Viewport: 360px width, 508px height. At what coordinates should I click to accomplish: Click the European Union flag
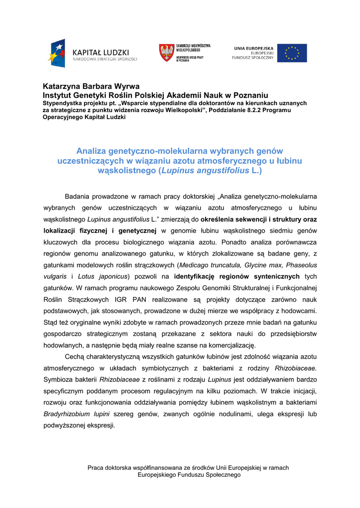pyautogui.click(x=291, y=53)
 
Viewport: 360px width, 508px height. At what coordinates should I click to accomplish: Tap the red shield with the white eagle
pyautogui.click(x=166, y=53)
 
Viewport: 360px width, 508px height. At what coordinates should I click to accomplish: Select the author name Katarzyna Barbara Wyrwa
pyautogui.click(x=91, y=86)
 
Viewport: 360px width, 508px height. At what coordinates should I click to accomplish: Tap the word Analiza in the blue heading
pyautogui.click(x=94, y=150)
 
